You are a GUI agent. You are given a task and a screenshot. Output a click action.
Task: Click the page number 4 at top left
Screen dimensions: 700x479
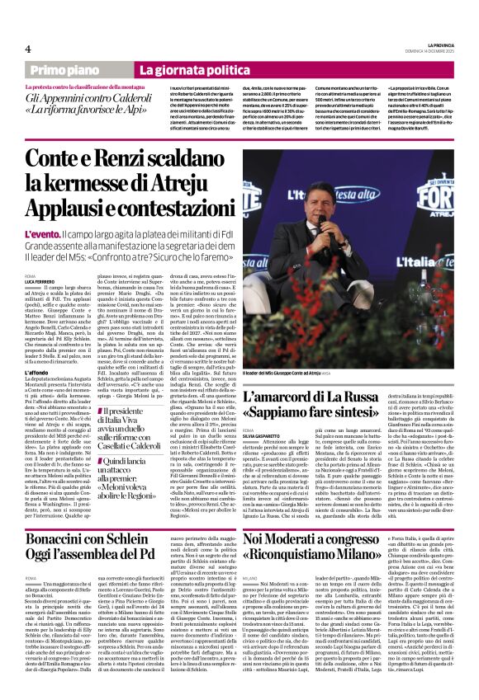(28, 49)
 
